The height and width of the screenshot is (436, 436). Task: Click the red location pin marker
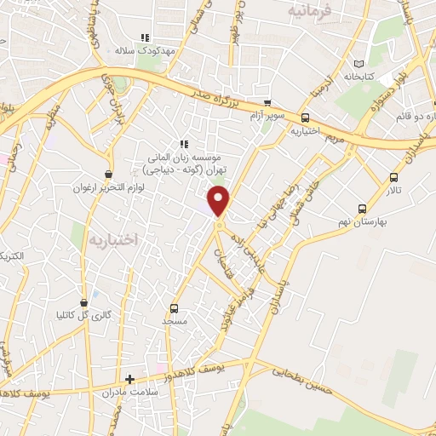[220, 201]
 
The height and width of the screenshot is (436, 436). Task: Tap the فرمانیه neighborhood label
[307, 11]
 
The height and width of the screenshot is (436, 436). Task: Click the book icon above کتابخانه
[359, 63]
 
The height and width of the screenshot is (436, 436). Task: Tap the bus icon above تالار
[393, 177]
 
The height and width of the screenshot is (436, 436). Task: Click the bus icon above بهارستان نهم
[363, 208]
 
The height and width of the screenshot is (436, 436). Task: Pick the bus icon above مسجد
[175, 308]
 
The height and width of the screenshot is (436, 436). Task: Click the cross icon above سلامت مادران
[129, 379]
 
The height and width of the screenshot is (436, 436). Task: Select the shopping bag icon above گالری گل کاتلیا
[83, 301]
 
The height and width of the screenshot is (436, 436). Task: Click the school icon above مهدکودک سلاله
[145, 37]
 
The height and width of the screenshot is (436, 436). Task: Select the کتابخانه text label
[359, 77]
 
